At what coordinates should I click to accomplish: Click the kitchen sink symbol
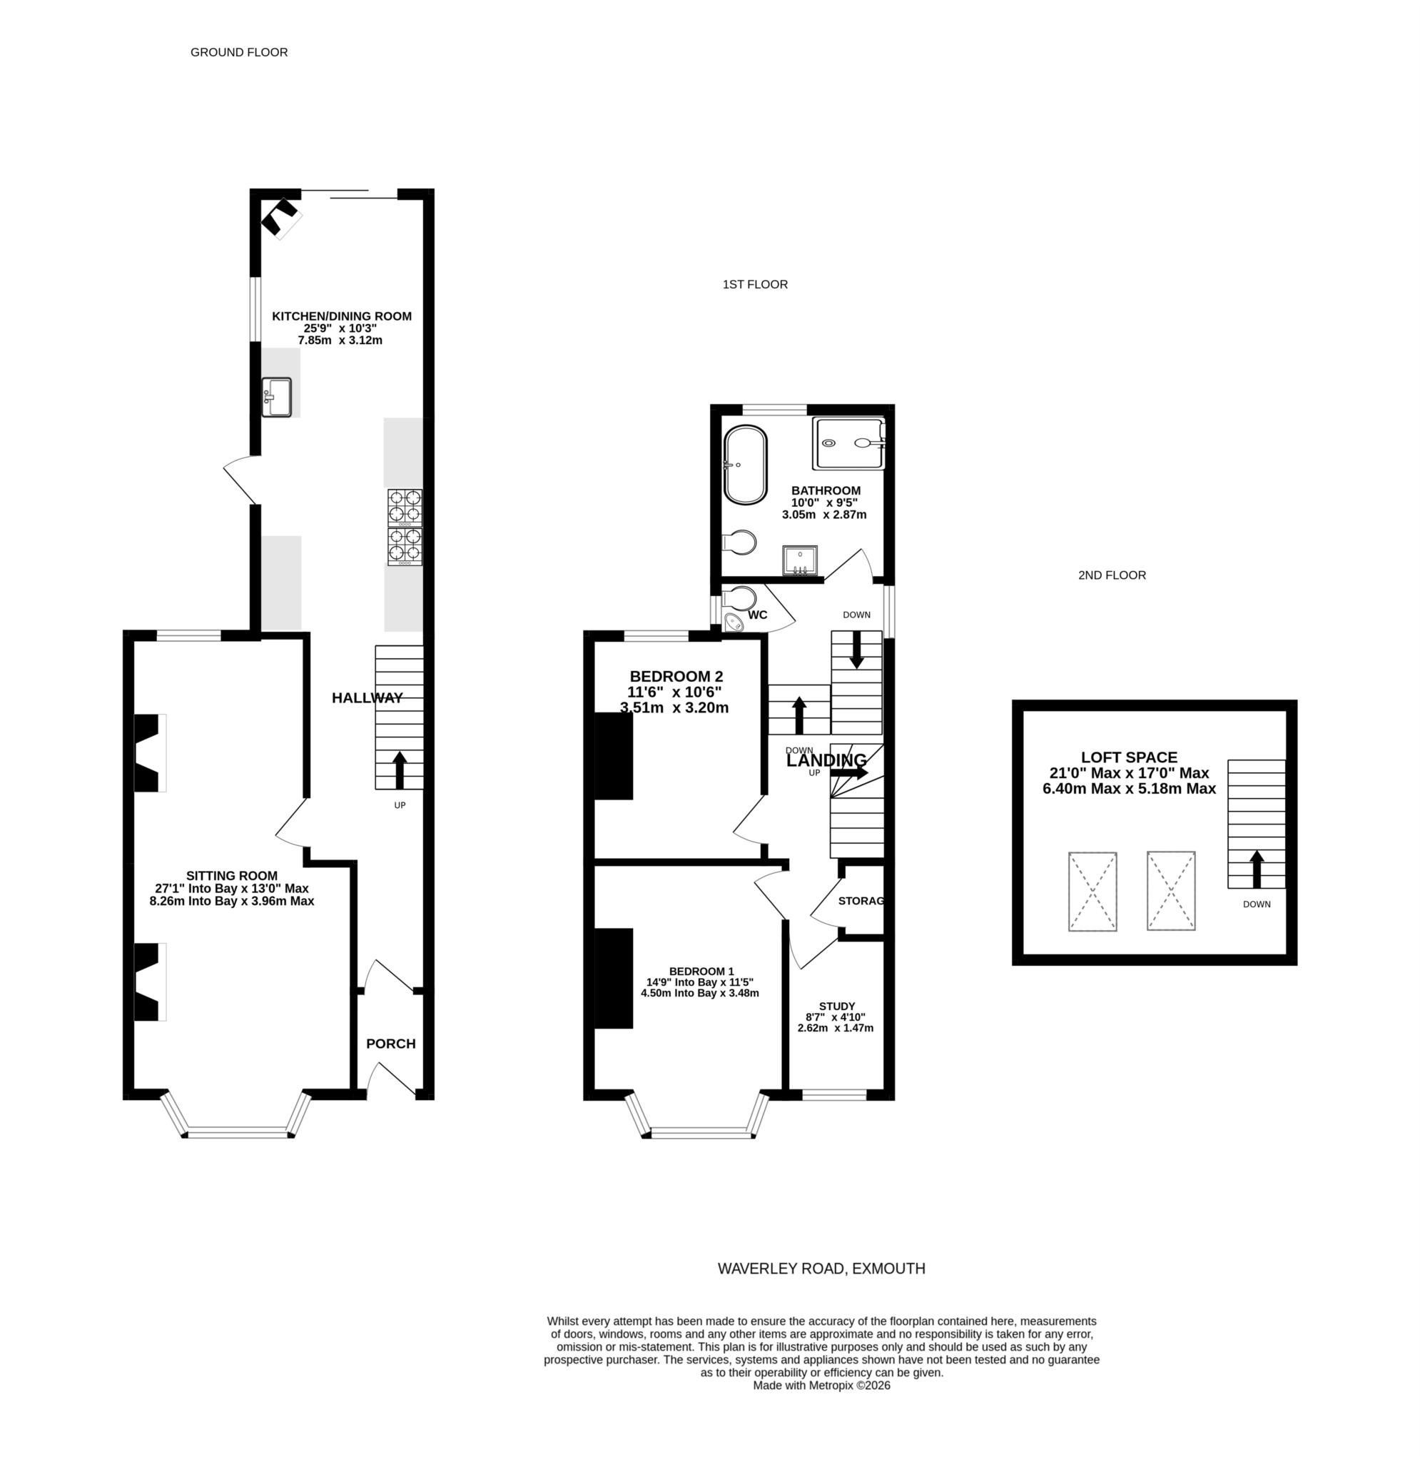[277, 397]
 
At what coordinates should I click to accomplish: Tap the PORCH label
[391, 1044]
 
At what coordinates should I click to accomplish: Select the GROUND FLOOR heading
[238, 52]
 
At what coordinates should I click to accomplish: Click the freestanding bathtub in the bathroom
[745, 465]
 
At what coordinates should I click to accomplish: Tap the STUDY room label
[836, 1007]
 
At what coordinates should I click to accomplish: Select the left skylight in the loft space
[1092, 892]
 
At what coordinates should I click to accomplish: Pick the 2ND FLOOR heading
[1111, 575]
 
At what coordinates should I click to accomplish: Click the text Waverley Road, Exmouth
[821, 1268]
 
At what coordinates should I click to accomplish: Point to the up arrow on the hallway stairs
[399, 770]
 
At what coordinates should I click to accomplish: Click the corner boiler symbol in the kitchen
[281, 216]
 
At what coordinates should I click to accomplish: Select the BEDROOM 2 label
[676, 677]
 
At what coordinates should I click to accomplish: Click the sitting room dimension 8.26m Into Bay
[231, 900]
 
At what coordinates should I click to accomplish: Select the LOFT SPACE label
[1129, 757]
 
